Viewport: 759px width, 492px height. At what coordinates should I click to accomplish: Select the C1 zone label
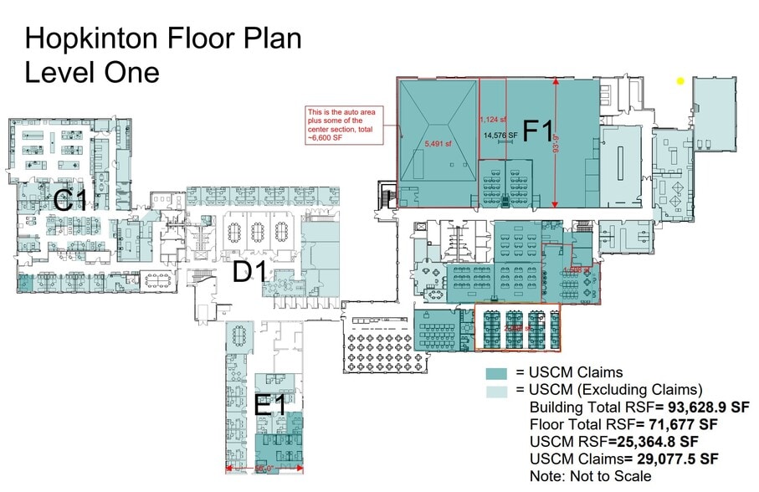(70, 200)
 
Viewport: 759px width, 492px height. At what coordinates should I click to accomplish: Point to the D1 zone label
(250, 271)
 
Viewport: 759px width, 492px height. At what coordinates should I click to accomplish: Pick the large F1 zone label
(538, 133)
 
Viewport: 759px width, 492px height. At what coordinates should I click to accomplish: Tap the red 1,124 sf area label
(494, 118)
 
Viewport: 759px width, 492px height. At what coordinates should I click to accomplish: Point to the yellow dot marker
(680, 81)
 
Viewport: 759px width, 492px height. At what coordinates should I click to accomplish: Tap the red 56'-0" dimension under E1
(264, 469)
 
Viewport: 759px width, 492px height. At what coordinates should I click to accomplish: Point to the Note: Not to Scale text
(589, 475)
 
